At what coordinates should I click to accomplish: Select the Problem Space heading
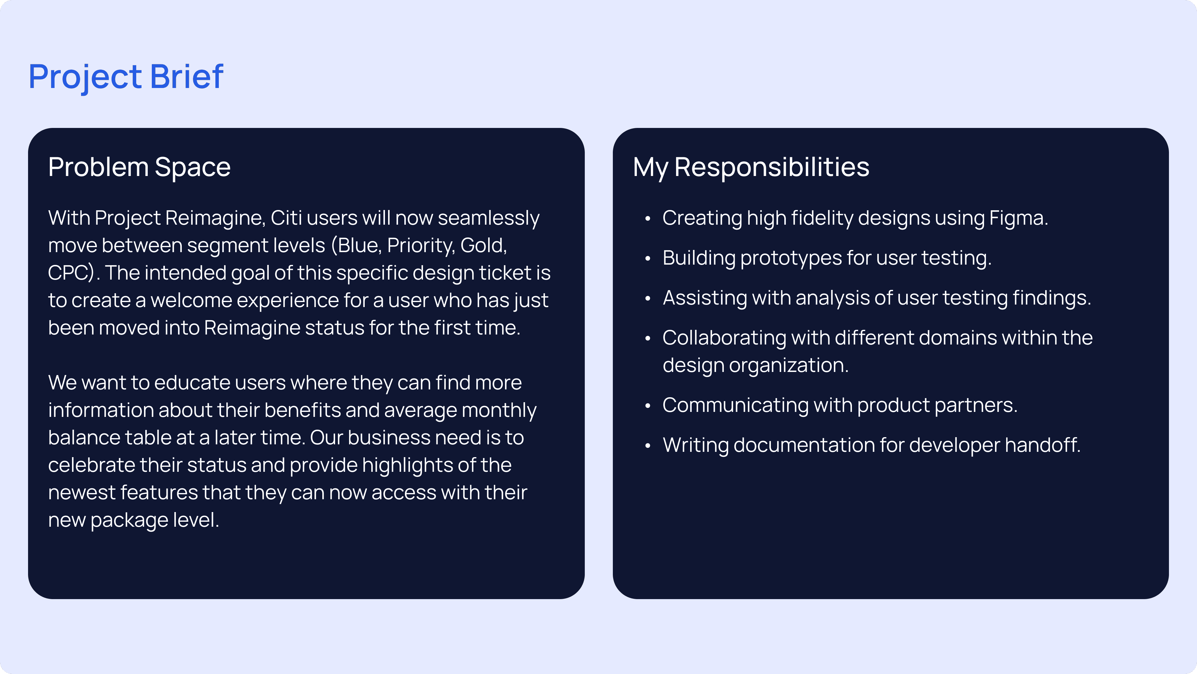pos(139,168)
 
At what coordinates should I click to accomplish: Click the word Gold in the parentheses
pos(483,246)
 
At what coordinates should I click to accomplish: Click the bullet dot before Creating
pos(647,219)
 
